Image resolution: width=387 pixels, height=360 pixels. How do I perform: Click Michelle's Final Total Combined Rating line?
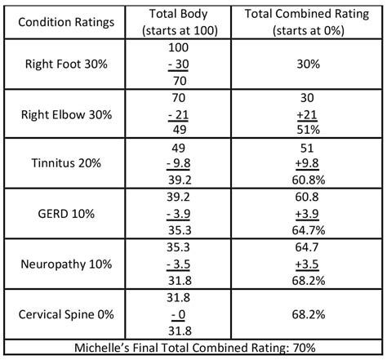tap(193, 346)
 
